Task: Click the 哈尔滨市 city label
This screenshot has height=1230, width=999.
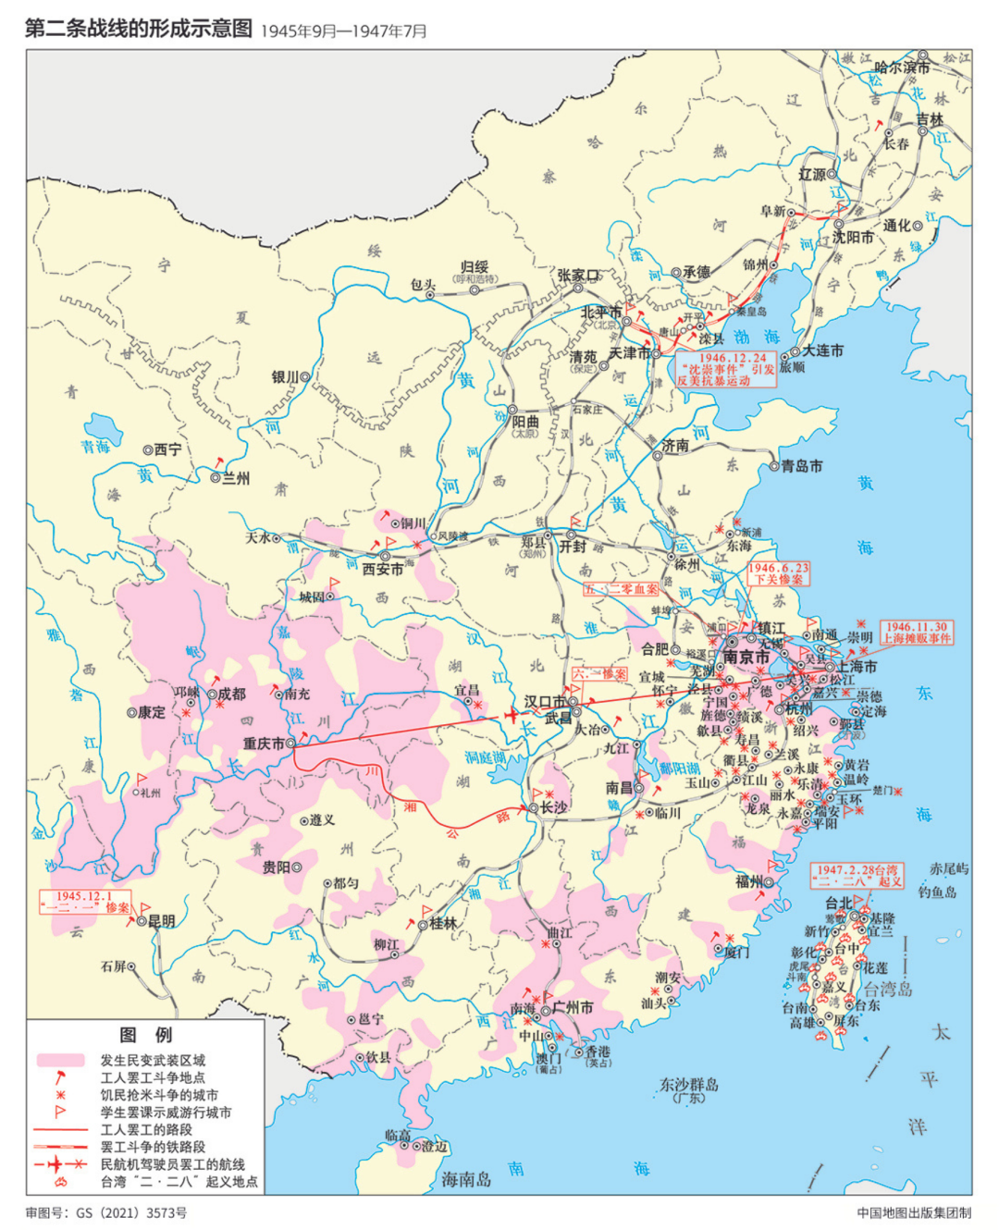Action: point(901,68)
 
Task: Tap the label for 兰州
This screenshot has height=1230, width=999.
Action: point(236,478)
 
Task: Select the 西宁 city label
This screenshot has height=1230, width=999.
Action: point(167,449)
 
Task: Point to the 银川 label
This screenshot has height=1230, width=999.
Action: point(285,377)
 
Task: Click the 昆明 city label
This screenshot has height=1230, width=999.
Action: point(161,921)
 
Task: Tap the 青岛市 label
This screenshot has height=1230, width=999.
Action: point(802,466)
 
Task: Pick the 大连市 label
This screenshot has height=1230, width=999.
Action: point(822,351)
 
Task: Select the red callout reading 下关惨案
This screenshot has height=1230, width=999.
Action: point(778,573)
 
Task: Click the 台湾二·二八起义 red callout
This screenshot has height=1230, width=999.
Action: point(857,875)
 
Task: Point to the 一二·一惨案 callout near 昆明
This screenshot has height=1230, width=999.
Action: point(85,902)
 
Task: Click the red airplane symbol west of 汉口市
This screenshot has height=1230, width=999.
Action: point(512,716)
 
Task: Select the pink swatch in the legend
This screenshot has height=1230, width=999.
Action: point(60,1060)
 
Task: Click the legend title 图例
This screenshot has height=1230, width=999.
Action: point(145,1035)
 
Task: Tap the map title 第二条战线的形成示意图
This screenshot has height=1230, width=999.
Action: point(139,29)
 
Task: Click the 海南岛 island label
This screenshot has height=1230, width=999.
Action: point(466,1178)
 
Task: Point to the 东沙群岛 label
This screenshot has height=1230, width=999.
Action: point(688,1085)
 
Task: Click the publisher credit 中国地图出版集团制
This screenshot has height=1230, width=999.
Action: point(914,1212)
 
